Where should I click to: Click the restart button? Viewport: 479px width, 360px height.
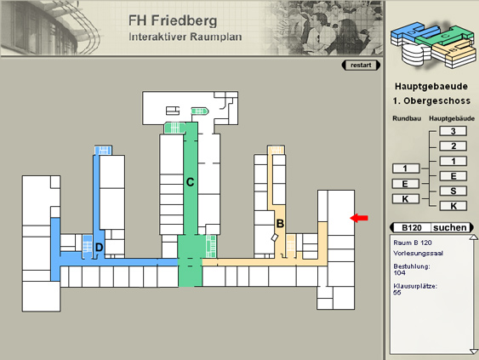tap(361, 65)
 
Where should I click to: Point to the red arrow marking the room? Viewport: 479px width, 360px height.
tap(359, 218)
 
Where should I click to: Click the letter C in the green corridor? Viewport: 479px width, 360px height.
tap(190, 182)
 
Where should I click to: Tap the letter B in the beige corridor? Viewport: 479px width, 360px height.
tap(280, 223)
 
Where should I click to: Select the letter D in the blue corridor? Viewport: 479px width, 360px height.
tap(99, 247)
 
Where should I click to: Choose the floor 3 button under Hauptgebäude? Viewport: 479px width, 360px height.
tap(453, 131)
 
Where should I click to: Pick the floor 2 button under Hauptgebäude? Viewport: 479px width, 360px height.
tap(453, 146)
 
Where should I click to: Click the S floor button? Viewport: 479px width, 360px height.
tap(453, 191)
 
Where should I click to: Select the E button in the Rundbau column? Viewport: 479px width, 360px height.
tap(405, 184)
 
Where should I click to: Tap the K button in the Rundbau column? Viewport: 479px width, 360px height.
tap(405, 199)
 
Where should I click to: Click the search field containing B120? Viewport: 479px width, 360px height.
tap(412, 228)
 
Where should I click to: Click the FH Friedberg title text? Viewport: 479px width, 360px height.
tap(173, 20)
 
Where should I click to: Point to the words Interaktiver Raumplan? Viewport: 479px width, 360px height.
tap(185, 37)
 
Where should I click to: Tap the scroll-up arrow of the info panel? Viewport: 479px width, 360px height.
tap(474, 237)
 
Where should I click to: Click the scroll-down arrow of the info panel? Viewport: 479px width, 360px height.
tap(474, 351)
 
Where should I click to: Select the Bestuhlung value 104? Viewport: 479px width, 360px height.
tap(399, 273)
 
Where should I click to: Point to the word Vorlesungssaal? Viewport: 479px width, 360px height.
tap(419, 253)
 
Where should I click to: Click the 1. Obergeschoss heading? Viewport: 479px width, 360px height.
tap(431, 100)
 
